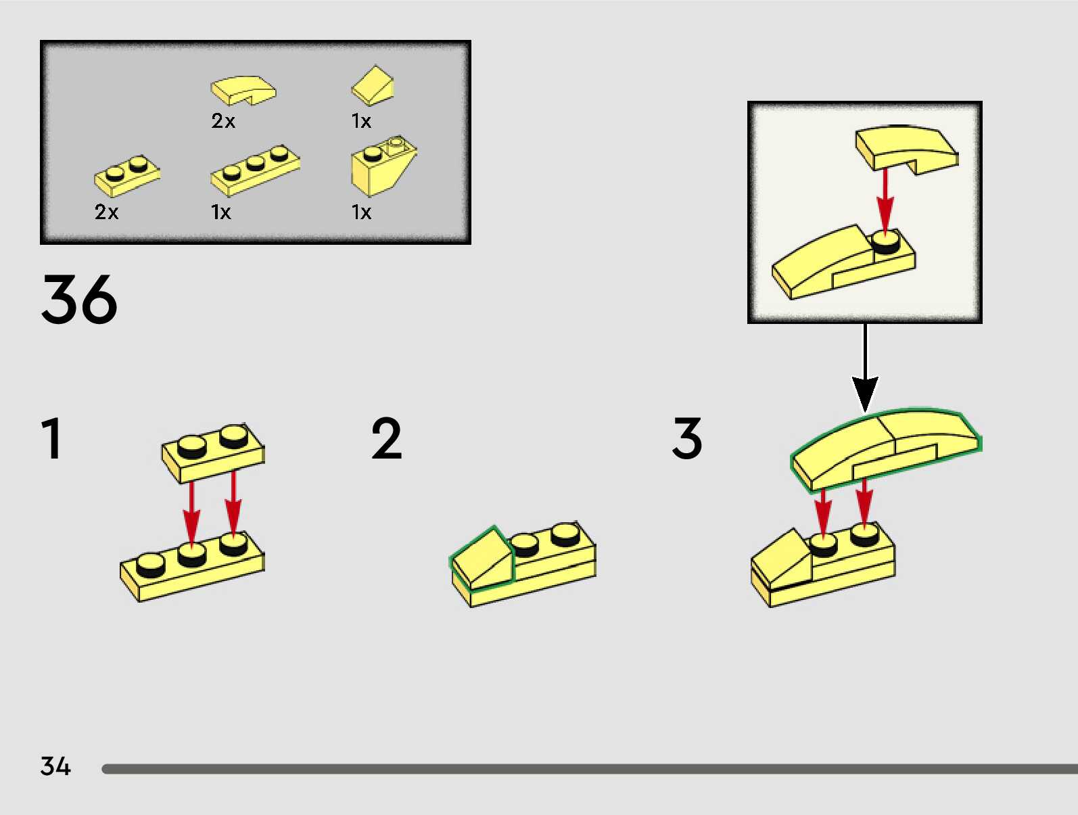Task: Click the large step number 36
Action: coord(79,299)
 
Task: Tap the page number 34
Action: coord(55,766)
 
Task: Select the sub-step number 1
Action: coord(51,439)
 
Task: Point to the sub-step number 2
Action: coord(386,439)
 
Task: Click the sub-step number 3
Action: coord(686,439)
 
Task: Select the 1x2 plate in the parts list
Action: coord(127,174)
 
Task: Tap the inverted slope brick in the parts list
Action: coord(381,166)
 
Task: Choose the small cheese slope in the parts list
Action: coord(373,85)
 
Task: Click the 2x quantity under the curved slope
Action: coord(223,121)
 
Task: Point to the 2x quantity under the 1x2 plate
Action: coord(106,212)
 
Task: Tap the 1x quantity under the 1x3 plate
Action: coord(220,212)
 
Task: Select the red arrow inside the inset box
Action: coord(885,200)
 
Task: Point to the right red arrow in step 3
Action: coord(864,502)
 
